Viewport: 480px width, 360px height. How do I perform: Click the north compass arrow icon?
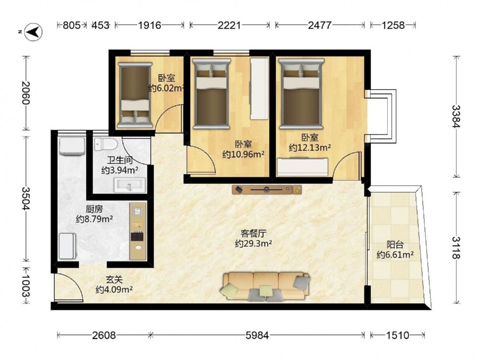click(34, 32)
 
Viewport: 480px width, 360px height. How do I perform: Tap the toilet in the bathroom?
click(106, 144)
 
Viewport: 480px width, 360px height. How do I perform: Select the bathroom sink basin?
click(130, 185)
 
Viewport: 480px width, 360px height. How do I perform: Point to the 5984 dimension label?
click(257, 336)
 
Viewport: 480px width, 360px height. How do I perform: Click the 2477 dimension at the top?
click(320, 25)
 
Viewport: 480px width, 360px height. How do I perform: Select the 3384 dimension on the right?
click(456, 116)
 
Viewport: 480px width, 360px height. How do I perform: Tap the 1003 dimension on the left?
click(26, 286)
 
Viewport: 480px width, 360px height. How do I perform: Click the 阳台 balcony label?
click(395, 245)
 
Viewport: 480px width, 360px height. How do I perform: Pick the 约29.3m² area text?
click(253, 244)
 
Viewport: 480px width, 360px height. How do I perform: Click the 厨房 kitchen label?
click(94, 209)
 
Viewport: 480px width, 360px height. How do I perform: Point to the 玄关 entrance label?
click(114, 279)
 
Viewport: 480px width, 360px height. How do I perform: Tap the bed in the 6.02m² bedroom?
click(135, 95)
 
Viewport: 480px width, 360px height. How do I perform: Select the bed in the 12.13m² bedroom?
click(301, 94)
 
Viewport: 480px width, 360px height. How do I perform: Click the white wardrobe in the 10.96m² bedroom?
click(259, 89)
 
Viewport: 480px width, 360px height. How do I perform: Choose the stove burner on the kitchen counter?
click(137, 236)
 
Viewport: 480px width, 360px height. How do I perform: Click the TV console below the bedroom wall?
click(266, 190)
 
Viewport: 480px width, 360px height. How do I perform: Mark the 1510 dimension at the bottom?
click(397, 336)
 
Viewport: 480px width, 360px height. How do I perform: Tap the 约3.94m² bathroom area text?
click(120, 170)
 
